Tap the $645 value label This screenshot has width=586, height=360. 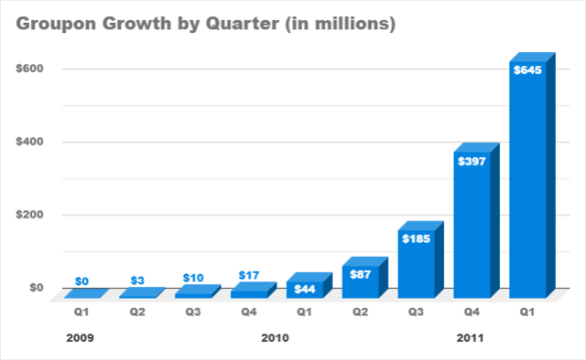tap(526, 70)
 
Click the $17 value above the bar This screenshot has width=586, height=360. tap(249, 275)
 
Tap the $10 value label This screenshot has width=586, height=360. tap(194, 278)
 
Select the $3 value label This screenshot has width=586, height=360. tap(138, 280)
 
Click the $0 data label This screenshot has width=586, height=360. tap(83, 281)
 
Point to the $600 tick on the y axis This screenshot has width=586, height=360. tap(27, 69)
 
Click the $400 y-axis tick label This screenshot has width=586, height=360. tap(27, 142)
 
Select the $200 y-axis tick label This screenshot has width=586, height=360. tap(27, 214)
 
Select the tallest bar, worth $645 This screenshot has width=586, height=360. tap(527, 180)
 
